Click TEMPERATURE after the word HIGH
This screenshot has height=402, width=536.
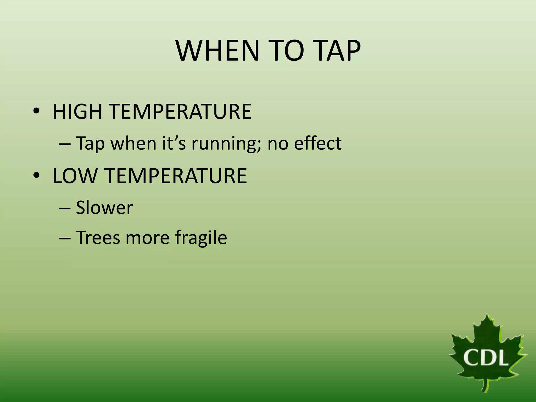tap(180, 112)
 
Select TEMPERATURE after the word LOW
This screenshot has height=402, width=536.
tap(177, 176)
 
